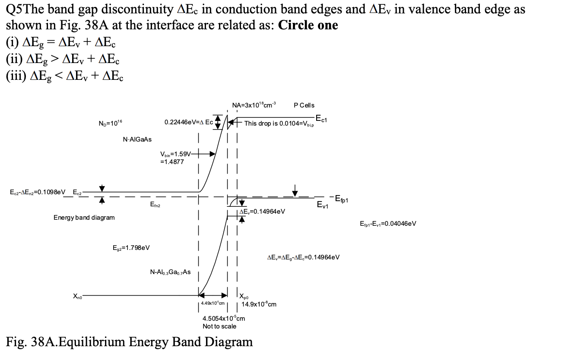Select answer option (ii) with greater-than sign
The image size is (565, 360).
pyautogui.click(x=63, y=59)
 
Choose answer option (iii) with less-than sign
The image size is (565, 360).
pyautogui.click(x=64, y=76)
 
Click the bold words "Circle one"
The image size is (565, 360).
pyautogui.click(x=308, y=25)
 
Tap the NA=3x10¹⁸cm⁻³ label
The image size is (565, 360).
pyautogui.click(x=254, y=105)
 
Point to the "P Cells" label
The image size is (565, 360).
pyautogui.click(x=304, y=105)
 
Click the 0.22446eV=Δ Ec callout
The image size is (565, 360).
pyautogui.click(x=189, y=123)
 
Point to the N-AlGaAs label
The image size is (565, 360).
pyautogui.click(x=137, y=139)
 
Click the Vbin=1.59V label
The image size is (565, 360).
pyautogui.click(x=175, y=154)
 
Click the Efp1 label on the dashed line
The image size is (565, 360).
pyautogui.click(x=341, y=200)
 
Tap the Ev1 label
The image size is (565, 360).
pyautogui.click(x=322, y=205)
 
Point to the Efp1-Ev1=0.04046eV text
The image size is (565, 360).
pyautogui.click(x=387, y=224)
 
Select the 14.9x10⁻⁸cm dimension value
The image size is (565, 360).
pyautogui.click(x=259, y=304)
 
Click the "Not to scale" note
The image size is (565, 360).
pyautogui.click(x=219, y=326)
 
